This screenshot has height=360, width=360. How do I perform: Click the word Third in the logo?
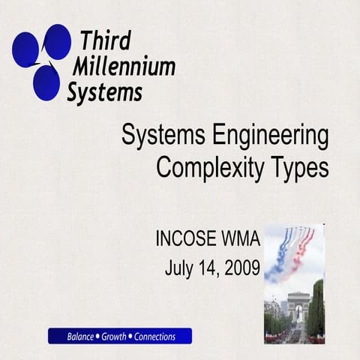tap(106, 40)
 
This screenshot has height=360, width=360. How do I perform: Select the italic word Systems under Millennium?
tap(104, 92)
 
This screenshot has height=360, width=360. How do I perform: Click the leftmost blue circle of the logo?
tap(25, 49)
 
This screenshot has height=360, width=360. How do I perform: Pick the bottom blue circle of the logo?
tap(46, 82)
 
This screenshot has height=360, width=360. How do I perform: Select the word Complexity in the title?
tap(212, 168)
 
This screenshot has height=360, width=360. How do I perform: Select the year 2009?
tap(241, 266)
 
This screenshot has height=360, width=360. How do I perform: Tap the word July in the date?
tap(178, 267)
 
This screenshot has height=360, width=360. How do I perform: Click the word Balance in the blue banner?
tap(80, 336)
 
